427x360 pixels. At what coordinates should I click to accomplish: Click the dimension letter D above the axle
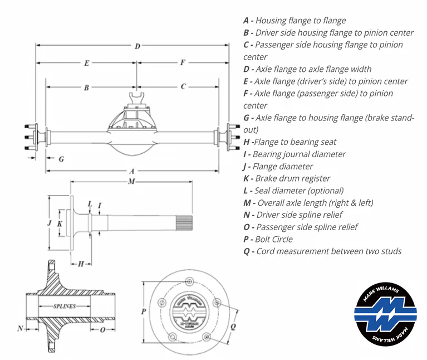click(x=137, y=46)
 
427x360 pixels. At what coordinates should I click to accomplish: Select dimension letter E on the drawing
click(x=87, y=64)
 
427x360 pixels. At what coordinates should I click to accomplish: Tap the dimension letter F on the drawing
click(x=183, y=62)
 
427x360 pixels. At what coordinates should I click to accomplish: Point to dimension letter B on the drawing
click(x=87, y=87)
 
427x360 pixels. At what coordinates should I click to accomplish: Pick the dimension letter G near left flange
click(x=61, y=159)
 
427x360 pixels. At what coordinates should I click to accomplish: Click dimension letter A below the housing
click(x=131, y=172)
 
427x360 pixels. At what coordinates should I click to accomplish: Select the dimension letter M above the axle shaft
click(x=131, y=182)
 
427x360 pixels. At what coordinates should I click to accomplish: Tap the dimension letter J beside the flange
click(x=50, y=223)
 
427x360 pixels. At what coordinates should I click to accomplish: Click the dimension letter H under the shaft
click(x=81, y=263)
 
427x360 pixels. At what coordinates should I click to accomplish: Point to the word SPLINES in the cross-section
click(x=65, y=307)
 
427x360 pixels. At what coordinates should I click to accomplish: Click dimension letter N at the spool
click(x=20, y=328)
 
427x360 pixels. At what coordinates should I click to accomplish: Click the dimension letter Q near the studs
click(x=232, y=322)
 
